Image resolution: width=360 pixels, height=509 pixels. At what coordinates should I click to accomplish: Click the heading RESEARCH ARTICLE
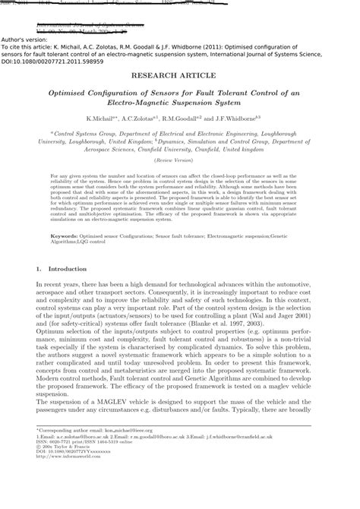[180, 77]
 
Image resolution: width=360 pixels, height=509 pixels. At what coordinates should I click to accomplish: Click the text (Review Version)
[180, 161]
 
